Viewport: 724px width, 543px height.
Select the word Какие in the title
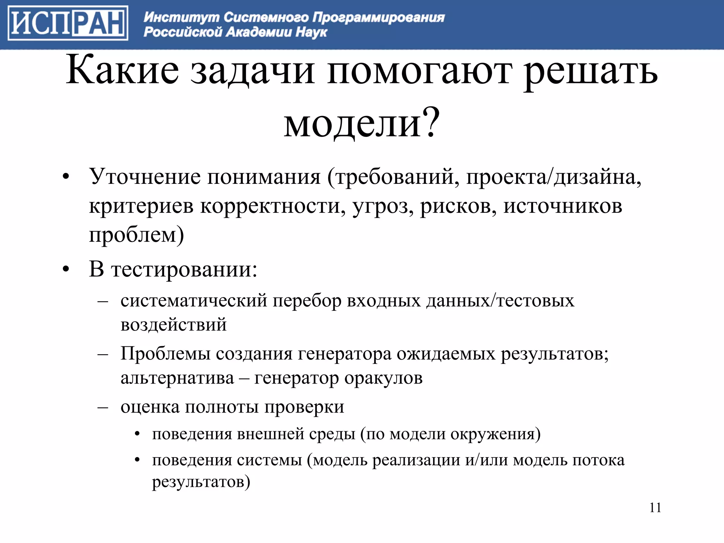122,71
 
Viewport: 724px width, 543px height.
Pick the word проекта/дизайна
553,177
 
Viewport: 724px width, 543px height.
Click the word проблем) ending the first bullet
136,235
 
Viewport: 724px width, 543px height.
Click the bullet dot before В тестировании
66,270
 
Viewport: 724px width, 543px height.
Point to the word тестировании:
184,269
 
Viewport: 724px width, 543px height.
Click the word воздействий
173,325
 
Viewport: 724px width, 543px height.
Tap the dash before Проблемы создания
103,354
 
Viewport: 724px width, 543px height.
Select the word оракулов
383,378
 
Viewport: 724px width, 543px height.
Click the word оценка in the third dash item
150,407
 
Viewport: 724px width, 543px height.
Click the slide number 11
655,508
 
